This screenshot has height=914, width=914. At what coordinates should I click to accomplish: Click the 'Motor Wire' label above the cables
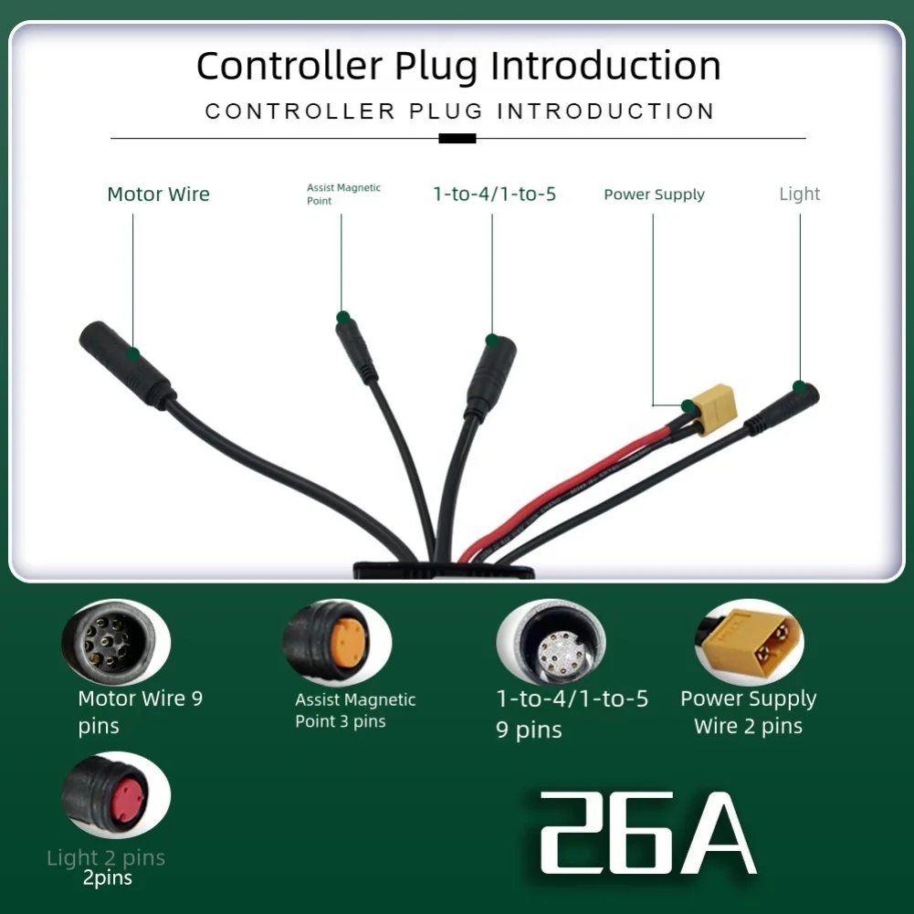pos(158,194)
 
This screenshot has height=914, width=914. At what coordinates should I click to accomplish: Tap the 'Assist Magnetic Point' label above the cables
pos(343,194)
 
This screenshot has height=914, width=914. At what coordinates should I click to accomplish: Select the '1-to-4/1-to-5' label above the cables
pos(494,194)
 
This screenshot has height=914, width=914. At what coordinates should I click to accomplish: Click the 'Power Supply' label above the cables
pos(654,194)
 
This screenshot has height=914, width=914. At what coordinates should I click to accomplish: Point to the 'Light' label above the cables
pos(799,194)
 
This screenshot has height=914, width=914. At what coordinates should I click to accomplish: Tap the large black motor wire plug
pos(125,362)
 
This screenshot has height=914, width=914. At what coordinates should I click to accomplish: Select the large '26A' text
pos(647,833)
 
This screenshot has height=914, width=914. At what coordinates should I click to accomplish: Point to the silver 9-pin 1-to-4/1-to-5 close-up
pos(551,643)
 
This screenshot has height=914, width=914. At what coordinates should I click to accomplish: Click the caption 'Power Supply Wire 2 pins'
pos(748,712)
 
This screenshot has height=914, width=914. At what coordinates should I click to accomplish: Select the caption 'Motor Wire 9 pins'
pos(140,712)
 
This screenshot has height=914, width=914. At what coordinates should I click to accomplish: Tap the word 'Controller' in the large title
pos(290,66)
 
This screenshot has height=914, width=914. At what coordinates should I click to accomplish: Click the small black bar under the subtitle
pos(457,139)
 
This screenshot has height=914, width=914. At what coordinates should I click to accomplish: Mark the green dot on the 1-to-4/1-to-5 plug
pos(492,341)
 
